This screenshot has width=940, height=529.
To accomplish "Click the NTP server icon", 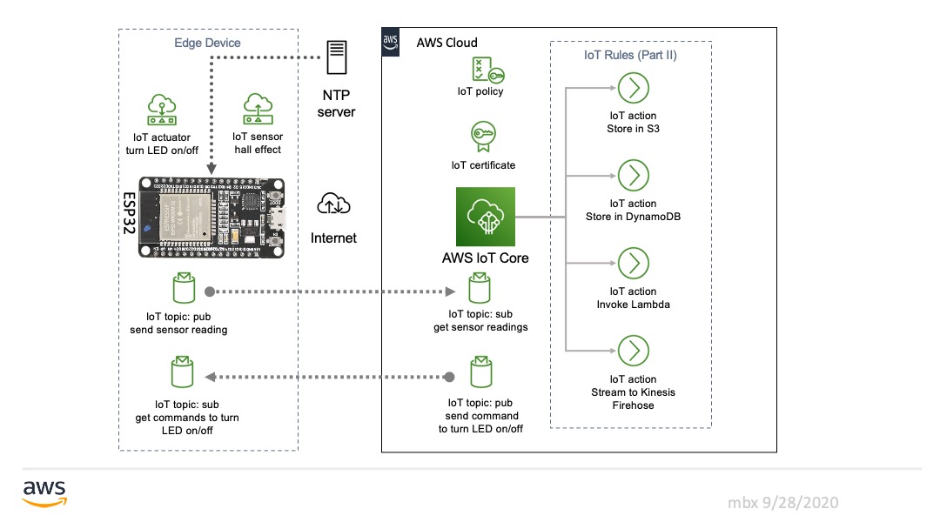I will (x=336, y=57).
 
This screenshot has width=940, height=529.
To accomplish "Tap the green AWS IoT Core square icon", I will (x=486, y=217).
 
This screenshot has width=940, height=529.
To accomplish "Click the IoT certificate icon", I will (x=481, y=137).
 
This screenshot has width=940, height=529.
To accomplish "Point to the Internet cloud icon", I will (x=333, y=204).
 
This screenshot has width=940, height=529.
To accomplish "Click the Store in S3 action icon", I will (x=633, y=88).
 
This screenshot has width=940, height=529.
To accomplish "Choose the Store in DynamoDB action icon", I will (x=633, y=175).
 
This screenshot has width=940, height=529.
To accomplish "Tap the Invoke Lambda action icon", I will (x=633, y=263).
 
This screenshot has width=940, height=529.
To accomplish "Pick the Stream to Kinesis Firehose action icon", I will (x=633, y=351).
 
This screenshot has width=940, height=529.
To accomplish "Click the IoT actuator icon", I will (x=163, y=110).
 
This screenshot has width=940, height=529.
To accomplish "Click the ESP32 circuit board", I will (x=211, y=218).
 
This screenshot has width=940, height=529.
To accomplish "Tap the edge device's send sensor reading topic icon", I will (x=184, y=288).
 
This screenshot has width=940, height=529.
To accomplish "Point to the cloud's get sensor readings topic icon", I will (x=480, y=289).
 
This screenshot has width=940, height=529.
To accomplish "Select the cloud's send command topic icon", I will (x=480, y=372).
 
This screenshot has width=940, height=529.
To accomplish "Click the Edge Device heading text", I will (x=207, y=43).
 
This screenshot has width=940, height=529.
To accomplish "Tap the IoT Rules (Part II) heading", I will (x=630, y=55).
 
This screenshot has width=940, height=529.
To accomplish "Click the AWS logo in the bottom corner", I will (x=44, y=492).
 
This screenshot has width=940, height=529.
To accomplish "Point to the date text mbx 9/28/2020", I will (x=783, y=503).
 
